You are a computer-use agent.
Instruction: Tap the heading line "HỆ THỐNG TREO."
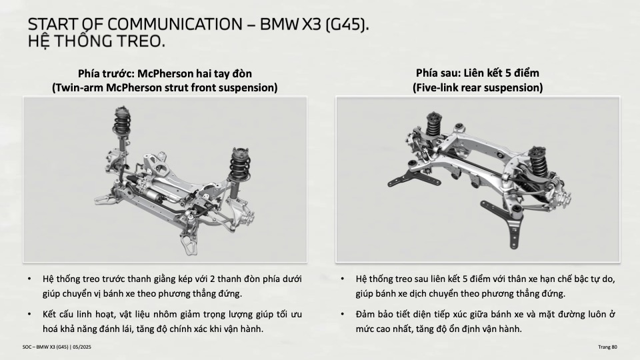(x=97, y=41)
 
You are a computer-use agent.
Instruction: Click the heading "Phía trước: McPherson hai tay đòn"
(x=165, y=73)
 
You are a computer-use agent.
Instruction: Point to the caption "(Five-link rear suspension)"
(x=477, y=88)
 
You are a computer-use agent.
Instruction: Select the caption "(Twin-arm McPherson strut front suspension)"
(x=165, y=88)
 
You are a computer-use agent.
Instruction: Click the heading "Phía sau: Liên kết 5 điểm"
(x=477, y=73)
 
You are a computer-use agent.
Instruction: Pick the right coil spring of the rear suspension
(x=539, y=160)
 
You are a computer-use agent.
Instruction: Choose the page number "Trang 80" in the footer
(x=608, y=347)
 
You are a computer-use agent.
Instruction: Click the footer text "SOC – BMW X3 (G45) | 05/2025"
(x=57, y=347)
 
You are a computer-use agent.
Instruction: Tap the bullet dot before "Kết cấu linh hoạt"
(x=29, y=314)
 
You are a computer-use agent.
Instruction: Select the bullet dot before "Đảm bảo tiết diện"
(x=343, y=314)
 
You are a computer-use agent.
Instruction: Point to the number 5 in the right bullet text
(x=465, y=279)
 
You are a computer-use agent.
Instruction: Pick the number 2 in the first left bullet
(x=213, y=279)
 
